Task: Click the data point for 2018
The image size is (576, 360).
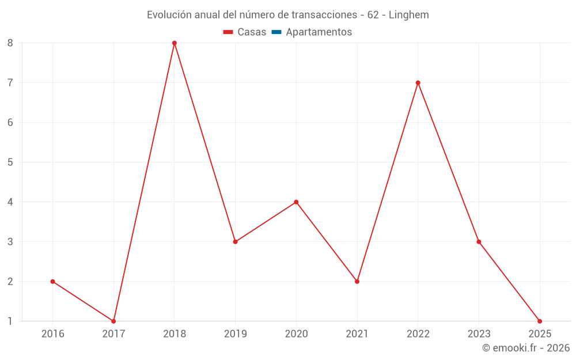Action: [175, 43]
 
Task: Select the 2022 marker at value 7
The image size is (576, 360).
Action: [418, 83]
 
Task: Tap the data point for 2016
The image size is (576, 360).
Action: [52, 282]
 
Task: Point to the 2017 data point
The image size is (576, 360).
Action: [113, 321]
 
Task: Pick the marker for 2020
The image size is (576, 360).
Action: [296, 202]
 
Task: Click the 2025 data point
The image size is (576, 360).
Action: [540, 321]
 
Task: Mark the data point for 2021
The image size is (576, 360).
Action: [357, 282]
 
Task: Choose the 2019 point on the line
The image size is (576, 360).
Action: [235, 242]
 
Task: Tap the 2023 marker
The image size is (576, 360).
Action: [479, 242]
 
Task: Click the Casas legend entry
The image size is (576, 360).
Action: [245, 32]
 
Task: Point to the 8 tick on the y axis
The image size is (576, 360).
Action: [10, 43]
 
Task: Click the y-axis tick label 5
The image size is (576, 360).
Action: [10, 162]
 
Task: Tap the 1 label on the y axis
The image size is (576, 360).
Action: [10, 321]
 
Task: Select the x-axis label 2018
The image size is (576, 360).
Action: [175, 334]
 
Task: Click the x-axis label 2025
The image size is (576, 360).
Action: [540, 334]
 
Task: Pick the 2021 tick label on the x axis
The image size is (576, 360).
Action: [357, 334]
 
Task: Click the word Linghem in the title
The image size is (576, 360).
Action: [408, 15]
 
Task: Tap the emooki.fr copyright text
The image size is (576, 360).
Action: [526, 348]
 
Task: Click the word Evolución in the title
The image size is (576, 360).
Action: [167, 15]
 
